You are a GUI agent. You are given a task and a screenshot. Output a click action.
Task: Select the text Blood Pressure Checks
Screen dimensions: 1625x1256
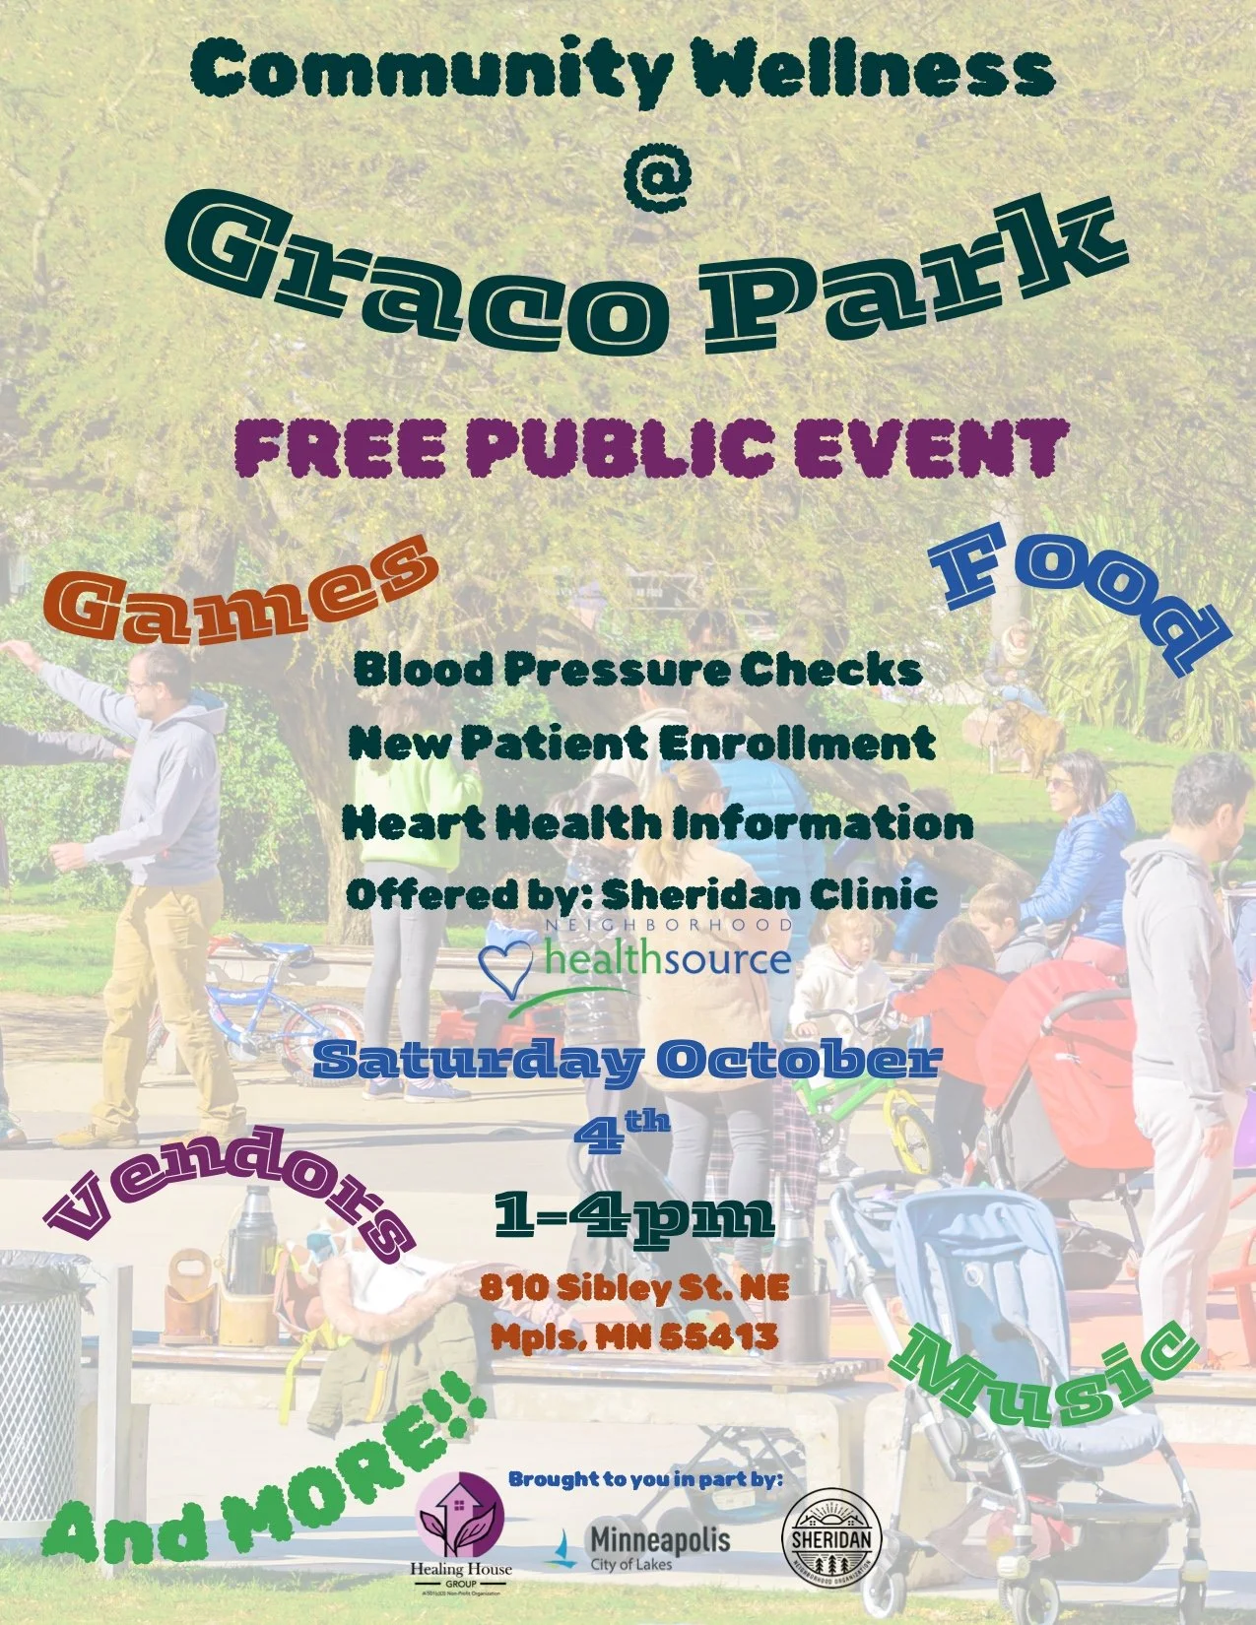coord(637,670)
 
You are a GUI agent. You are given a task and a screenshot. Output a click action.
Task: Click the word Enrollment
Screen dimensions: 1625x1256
coord(797,743)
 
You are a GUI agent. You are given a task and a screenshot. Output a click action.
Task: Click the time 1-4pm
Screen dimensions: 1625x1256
coord(633,1215)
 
